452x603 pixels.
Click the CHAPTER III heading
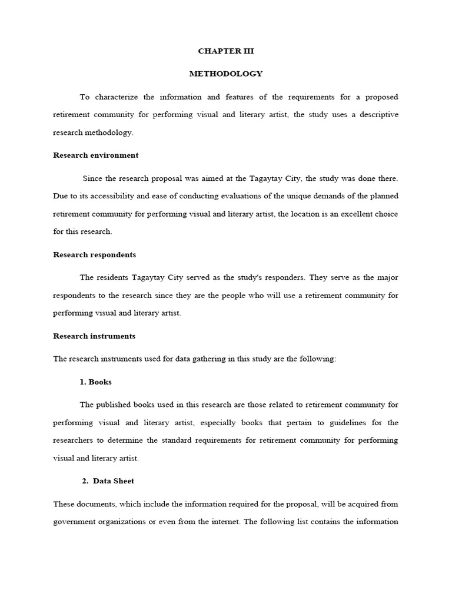coord(226,51)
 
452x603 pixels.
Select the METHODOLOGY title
coord(226,74)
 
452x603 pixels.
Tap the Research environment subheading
coord(96,155)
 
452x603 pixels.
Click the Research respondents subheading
coord(94,255)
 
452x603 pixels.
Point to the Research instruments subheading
coord(94,336)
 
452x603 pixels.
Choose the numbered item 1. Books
coord(95,382)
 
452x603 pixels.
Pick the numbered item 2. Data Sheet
coord(108,481)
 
